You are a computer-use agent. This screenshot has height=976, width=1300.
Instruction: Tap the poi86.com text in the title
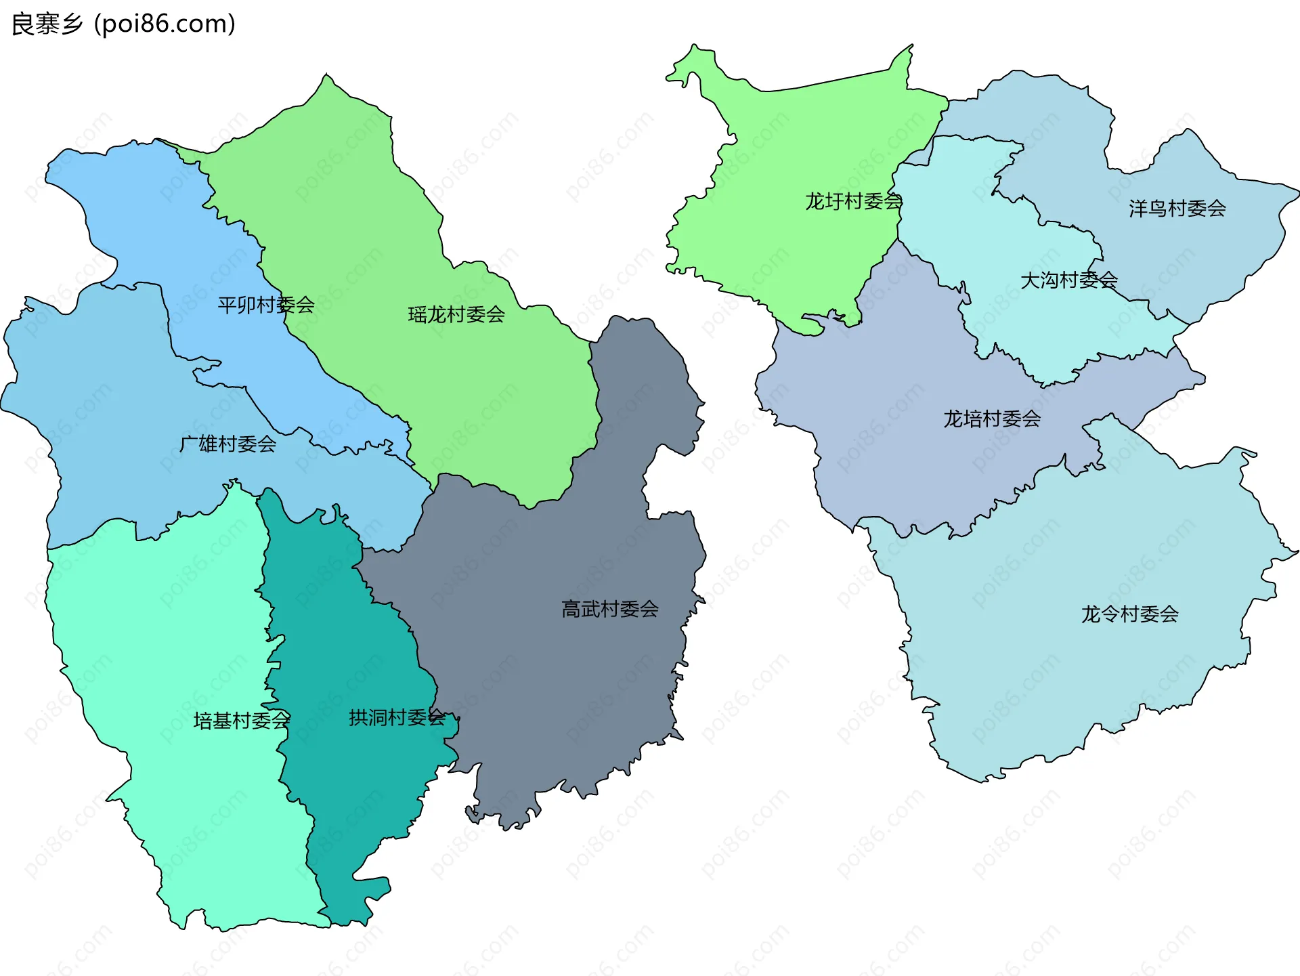pos(165,24)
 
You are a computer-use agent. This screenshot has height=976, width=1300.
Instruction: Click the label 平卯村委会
pos(266,305)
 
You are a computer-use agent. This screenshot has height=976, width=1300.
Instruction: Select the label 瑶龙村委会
pos(456,314)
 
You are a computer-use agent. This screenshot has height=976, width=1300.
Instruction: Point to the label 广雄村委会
pos(227,444)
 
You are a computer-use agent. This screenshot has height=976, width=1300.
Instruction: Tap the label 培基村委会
pos(242,720)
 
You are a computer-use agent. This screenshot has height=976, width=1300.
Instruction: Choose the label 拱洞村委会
pos(397,717)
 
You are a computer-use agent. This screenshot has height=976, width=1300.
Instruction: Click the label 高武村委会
pos(609,609)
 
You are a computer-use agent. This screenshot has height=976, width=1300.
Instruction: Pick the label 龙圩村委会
pos(853,201)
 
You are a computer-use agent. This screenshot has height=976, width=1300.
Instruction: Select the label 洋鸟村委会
pos(1177,209)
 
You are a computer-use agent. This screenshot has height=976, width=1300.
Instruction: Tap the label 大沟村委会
pos(1068,280)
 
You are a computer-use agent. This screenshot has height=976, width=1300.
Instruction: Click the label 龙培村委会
pos(992,419)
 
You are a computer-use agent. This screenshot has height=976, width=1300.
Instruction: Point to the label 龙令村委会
pos(1129,614)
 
